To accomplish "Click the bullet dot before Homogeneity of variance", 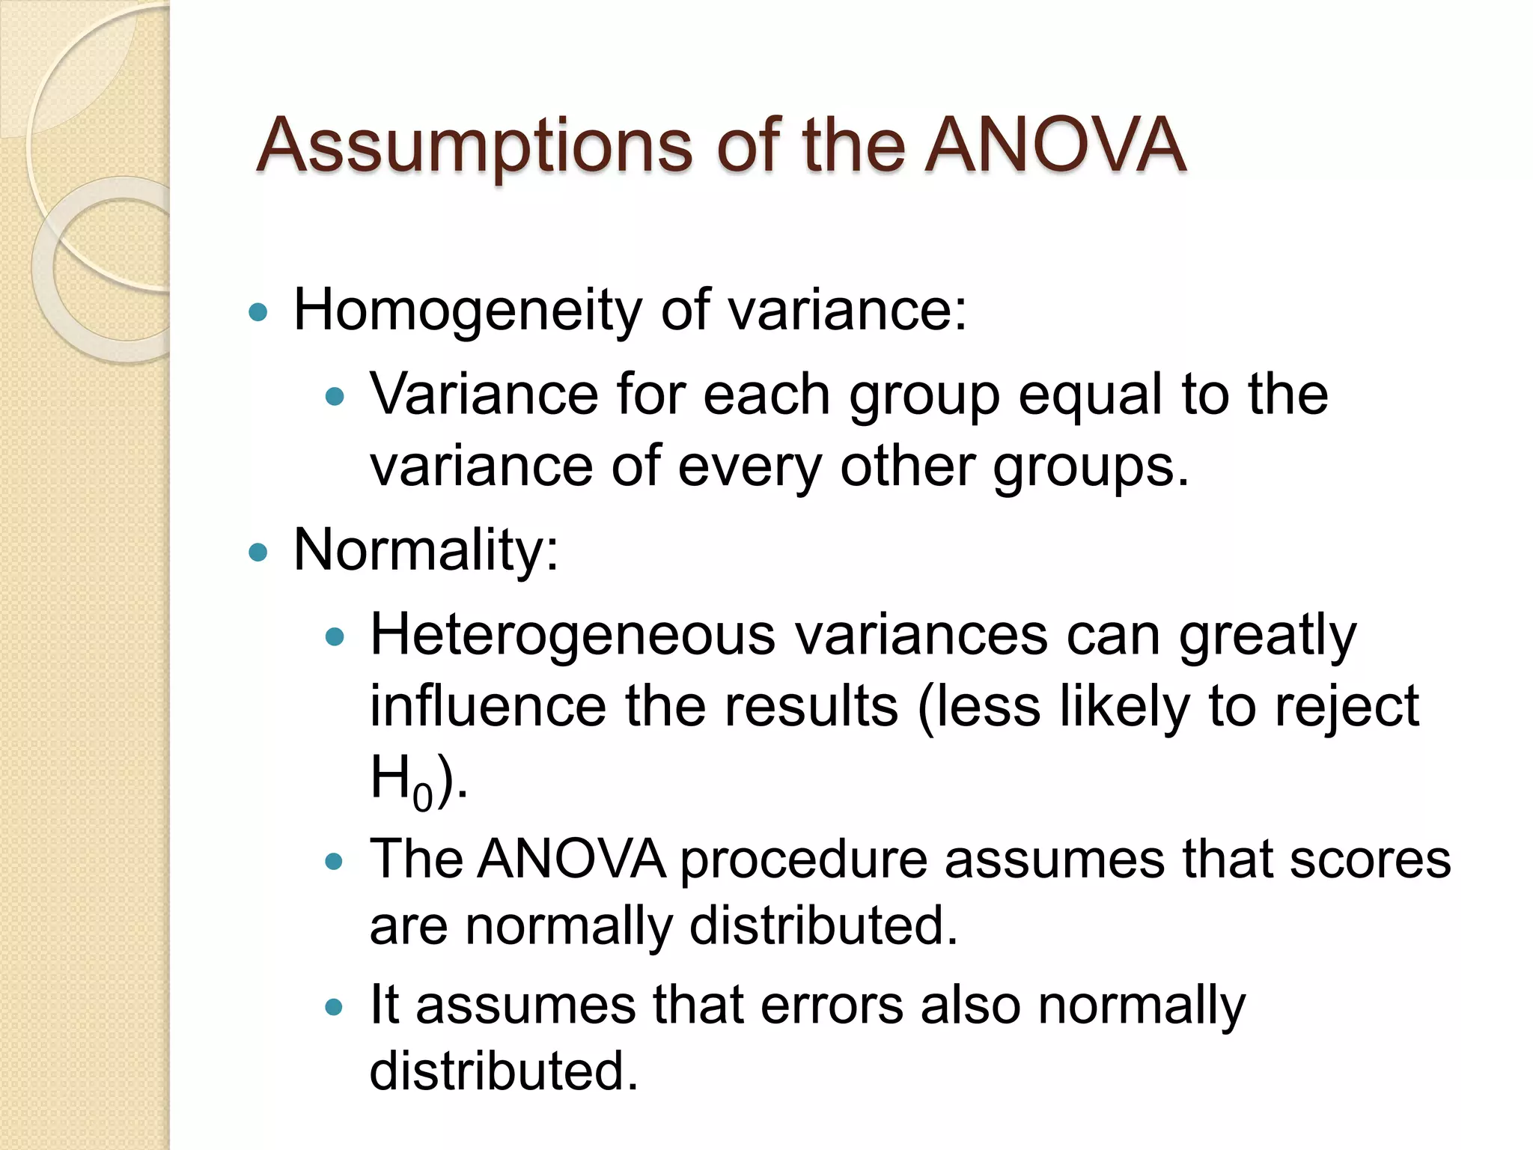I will (x=257, y=312).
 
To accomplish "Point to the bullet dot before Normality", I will (x=257, y=553).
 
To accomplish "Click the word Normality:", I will (x=426, y=551).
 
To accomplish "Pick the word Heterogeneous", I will (x=573, y=635).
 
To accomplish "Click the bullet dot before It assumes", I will (x=335, y=1007).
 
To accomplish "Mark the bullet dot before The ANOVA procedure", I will (x=335, y=862).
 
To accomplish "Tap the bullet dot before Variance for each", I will (x=335, y=396).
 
